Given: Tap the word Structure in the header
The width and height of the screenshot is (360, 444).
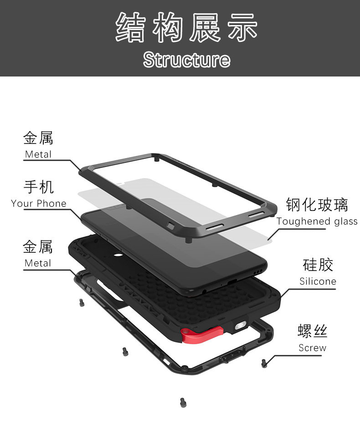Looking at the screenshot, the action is (x=186, y=60).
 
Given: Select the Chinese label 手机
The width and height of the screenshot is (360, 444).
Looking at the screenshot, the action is (x=38, y=187).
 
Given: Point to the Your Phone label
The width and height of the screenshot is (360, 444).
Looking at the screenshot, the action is (x=39, y=204).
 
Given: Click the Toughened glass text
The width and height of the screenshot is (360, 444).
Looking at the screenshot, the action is (x=317, y=221).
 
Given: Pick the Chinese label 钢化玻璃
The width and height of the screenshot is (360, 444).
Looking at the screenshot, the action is (x=317, y=204).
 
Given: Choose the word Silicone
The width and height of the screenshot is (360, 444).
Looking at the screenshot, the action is (x=318, y=281).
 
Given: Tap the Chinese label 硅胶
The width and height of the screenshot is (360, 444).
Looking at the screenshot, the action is (x=318, y=265).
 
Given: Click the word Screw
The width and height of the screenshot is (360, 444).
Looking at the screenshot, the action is (x=312, y=348).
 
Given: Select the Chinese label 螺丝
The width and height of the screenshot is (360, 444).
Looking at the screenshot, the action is (x=312, y=331).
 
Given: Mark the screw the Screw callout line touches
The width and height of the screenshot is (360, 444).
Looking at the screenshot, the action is (x=264, y=362).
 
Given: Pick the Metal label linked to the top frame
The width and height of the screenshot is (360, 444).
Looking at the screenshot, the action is (x=38, y=154).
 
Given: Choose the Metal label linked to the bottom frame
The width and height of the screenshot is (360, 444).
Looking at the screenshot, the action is (x=38, y=263).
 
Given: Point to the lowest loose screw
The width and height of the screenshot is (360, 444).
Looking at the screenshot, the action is (x=183, y=402).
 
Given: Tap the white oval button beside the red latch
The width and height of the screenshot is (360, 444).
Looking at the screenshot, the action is (x=240, y=327).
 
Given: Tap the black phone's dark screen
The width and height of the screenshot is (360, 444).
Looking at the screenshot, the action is (x=182, y=246).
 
